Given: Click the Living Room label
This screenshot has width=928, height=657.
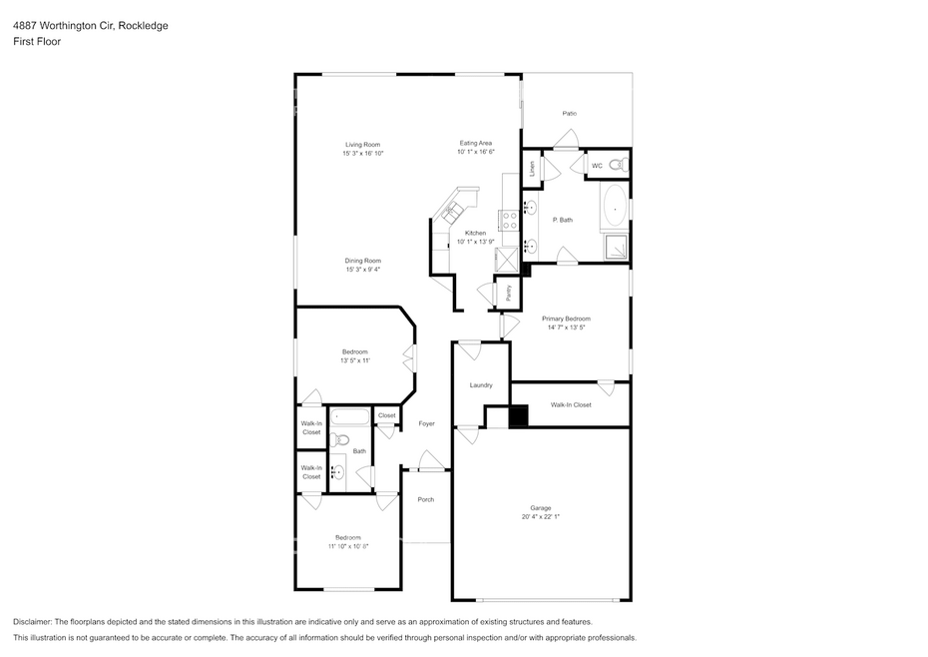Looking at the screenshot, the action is tap(363, 145).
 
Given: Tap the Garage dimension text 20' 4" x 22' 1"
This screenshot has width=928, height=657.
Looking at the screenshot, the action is tap(541, 516).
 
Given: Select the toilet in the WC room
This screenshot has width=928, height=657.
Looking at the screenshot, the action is tap(618, 166).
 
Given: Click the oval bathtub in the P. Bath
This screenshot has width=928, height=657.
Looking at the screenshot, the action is tap(616, 206).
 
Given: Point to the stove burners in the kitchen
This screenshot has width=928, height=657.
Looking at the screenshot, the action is tap(510, 221).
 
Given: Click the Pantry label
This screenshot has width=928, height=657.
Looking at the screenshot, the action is tap(509, 293).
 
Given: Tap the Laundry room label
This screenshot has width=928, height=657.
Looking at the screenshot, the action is tap(481, 385).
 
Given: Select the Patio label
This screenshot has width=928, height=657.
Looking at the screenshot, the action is tap(570, 113).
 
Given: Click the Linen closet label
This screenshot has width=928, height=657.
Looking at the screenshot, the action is tap(532, 169).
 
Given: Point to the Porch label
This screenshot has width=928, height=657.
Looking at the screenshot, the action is tap(425, 499).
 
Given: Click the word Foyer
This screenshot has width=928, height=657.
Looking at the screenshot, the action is tap(427, 423).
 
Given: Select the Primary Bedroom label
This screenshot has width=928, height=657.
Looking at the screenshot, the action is tap(566, 319).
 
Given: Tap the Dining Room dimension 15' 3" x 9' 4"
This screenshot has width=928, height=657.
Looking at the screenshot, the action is tap(363, 269).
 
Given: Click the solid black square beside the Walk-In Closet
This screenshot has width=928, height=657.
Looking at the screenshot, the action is tap(519, 415).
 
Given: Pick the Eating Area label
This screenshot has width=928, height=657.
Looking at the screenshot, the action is tap(476, 143).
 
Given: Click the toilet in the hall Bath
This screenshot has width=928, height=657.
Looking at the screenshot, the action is tap(339, 439).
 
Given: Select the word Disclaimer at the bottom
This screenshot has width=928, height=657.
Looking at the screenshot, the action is tap(32, 622).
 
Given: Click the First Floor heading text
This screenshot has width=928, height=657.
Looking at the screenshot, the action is tap(37, 42).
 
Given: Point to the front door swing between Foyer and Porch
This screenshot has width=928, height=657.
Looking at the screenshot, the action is tap(430, 461).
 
